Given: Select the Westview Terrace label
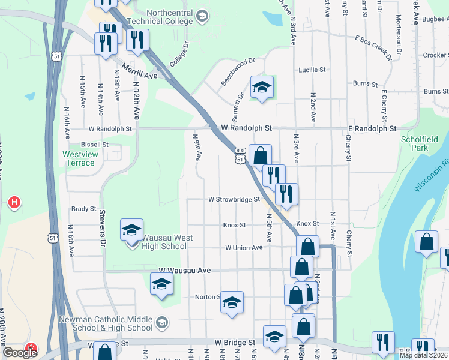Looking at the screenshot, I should (x=79, y=158).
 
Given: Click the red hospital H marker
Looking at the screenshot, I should (x=14, y=203).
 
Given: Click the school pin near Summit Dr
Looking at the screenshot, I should (x=261, y=88).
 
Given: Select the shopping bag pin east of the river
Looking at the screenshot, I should (x=426, y=242).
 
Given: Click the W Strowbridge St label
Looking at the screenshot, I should (x=234, y=199).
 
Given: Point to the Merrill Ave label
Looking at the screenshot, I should (x=139, y=71).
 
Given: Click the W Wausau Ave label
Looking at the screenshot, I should (x=184, y=271).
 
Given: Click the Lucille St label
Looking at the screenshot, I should (x=312, y=70).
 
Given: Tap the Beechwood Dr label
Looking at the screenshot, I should (x=238, y=71).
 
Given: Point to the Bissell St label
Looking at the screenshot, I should (x=95, y=145).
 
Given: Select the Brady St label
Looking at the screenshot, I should (x=83, y=209).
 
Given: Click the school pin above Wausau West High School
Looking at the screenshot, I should (x=131, y=229).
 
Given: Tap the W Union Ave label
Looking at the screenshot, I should (x=244, y=248).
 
